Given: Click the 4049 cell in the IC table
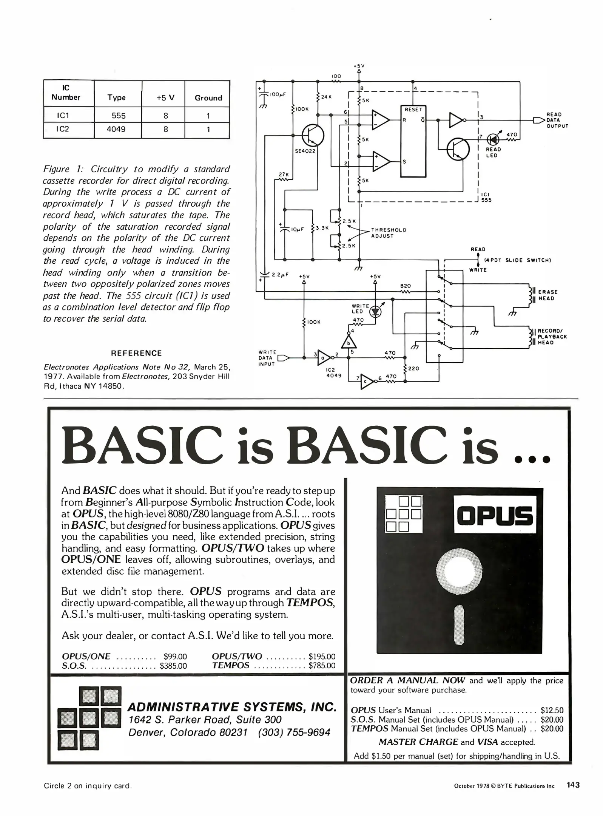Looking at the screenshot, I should [x=116, y=129].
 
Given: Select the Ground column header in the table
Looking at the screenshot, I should [x=208, y=98].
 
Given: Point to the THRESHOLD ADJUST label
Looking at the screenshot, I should [x=388, y=233].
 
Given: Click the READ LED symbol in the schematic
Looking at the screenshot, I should [x=493, y=139].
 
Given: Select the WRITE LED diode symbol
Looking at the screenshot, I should [x=376, y=311].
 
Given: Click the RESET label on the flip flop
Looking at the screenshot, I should [x=413, y=110].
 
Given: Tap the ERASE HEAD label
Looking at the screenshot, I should [x=547, y=295].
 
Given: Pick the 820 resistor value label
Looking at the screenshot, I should [x=405, y=286].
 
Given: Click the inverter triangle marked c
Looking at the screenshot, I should [x=366, y=382].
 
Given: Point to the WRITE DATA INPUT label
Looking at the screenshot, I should [x=267, y=358].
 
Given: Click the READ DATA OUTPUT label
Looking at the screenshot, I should [x=557, y=120].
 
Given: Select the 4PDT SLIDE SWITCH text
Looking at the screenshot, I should [x=517, y=260].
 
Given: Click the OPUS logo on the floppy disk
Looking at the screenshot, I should [x=495, y=516].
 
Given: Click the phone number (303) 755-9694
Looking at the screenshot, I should [x=294, y=733].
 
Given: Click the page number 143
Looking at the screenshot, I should [x=572, y=785].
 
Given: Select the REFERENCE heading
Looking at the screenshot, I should [x=136, y=353].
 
